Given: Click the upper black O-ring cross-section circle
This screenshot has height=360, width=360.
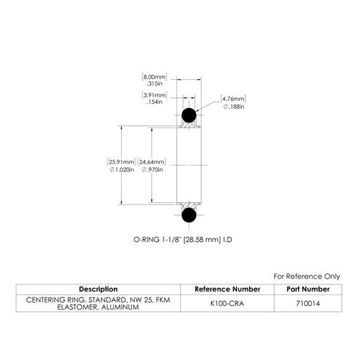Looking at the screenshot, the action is tap(189, 115).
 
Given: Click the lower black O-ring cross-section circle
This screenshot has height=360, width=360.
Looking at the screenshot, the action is tap(189, 215).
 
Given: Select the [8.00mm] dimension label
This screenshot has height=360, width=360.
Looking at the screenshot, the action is tap(154, 77).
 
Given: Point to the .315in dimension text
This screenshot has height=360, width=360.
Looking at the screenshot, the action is tap(154, 84).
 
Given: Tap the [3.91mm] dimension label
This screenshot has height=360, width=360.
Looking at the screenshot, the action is tap(154, 95).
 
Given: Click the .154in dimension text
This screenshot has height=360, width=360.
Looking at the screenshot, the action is tap(154, 102).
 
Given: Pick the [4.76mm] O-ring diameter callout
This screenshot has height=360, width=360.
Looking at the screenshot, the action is tap(233, 99).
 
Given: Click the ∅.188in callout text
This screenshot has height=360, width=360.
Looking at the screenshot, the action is tap(233, 107).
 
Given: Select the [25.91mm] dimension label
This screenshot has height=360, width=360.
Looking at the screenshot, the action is tap(121, 162).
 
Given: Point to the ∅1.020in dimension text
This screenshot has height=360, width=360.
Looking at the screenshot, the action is tap(122, 170).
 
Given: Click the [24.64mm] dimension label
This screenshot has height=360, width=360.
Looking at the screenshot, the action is tap(152, 162).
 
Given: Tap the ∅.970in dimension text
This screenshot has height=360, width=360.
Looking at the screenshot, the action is tap(152, 170).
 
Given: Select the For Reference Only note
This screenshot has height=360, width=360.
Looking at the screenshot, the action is tap(307, 276).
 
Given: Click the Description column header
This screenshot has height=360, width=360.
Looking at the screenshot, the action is tap(98, 289).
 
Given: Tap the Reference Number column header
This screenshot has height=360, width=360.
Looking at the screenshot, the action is tap(228, 289).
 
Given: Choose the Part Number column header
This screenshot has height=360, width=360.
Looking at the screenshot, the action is tap(308, 289).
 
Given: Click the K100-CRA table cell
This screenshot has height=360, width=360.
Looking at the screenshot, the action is tap(227, 304).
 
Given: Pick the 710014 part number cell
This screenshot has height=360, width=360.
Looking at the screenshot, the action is tap(308, 304).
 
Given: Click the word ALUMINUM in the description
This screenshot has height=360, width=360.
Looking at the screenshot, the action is tap(120, 307).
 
